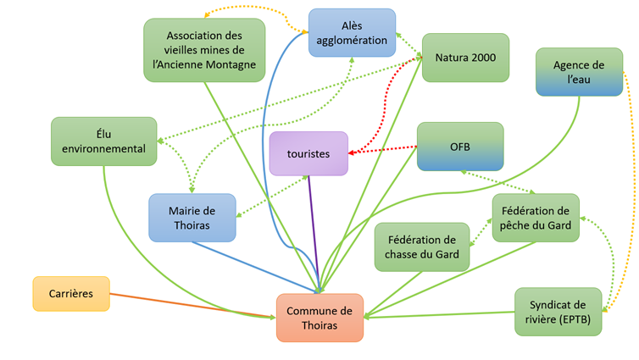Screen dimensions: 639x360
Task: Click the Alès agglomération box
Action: pyautogui.click(x=352, y=32)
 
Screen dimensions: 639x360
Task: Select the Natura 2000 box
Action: pyautogui.click(x=465, y=58)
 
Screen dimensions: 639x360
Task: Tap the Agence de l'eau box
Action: pyautogui.click(x=579, y=72)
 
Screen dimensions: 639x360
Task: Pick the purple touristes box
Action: pyautogui.click(x=308, y=153)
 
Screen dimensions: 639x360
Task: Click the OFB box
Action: pyautogui.click(x=460, y=147)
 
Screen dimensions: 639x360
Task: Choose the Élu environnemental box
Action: pyautogui.click(x=104, y=141)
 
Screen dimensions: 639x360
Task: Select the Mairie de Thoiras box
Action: pyautogui.click(x=192, y=218)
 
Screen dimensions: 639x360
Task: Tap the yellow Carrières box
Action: pyautogui.click(x=71, y=294)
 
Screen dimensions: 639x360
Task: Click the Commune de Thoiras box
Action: pyautogui.click(x=319, y=318)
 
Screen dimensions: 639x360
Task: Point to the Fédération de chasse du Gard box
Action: pyautogui.click(x=422, y=246)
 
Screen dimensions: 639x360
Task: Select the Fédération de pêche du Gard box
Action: pyautogui.click(x=536, y=218)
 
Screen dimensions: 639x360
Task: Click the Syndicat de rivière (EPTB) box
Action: pyautogui.click(x=558, y=312)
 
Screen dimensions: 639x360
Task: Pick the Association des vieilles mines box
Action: pyautogui.click(x=204, y=50)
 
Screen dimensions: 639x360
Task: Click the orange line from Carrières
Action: pyautogui.click(x=192, y=306)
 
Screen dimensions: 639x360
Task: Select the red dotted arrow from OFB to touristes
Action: pyautogui.click(x=382, y=150)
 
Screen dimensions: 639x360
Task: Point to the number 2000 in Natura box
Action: pyautogui.click(x=484, y=58)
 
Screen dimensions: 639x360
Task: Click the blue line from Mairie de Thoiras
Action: pyautogui.click(x=255, y=267)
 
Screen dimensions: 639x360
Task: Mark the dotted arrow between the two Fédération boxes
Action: pyautogui.click(x=481, y=232)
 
